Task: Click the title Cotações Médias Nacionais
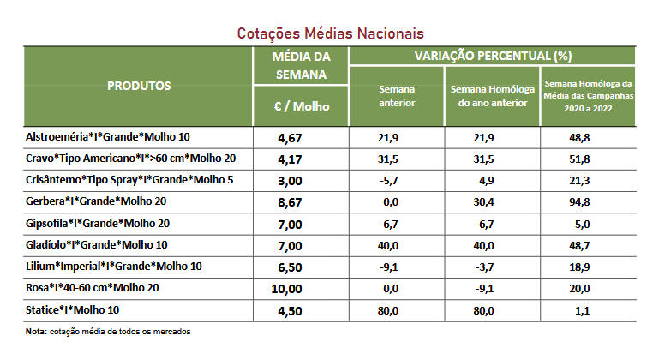tap(331, 33)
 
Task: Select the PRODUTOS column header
tap(139, 87)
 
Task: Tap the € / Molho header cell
tap(300, 107)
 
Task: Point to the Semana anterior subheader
tap(396, 96)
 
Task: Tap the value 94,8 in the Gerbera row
tap(587, 201)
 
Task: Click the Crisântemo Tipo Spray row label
tap(129, 180)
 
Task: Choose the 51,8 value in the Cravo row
tap(587, 159)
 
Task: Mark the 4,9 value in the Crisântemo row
tap(491, 180)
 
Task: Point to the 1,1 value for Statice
tap(587, 309)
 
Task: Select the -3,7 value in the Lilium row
tap(491, 266)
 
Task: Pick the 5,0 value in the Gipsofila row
tap(587, 223)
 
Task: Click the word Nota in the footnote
tap(36, 331)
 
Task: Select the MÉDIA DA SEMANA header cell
tap(300, 65)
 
